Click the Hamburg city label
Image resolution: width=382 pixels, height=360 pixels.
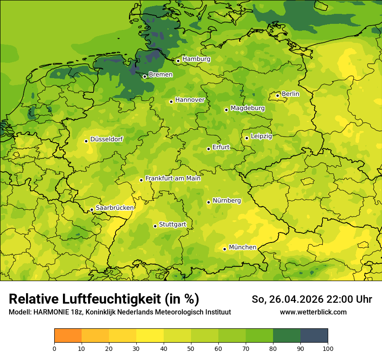[196, 59]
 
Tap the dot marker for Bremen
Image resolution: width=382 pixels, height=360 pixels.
[145, 76]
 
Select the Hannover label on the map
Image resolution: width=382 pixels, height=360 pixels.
[190, 100]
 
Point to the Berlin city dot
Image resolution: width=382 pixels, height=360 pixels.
[277, 95]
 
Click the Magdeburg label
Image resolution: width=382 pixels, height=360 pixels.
[247, 108]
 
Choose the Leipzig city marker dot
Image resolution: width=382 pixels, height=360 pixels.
[247, 138]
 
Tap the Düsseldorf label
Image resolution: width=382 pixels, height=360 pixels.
[106, 139]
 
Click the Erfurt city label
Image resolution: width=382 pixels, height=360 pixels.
[221, 147]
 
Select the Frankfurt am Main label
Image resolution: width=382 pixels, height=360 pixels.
[173, 178]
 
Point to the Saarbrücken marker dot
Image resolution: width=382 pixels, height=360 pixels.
[92, 210]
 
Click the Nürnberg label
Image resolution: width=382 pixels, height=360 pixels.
[227, 200]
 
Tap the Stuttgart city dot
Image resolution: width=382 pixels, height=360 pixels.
[155, 226]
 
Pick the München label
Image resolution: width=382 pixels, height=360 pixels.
[242, 247]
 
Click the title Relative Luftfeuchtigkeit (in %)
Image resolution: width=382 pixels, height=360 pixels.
[104, 299]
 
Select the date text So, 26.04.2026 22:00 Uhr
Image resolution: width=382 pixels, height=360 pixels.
[312, 299]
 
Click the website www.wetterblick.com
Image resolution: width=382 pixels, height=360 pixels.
[313, 312]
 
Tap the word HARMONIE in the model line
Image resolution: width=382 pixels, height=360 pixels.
[51, 312]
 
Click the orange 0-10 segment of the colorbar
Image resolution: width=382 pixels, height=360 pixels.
[68, 336]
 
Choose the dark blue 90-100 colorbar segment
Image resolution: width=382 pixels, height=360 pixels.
[314, 336]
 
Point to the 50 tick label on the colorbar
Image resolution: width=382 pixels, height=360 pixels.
[191, 349]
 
